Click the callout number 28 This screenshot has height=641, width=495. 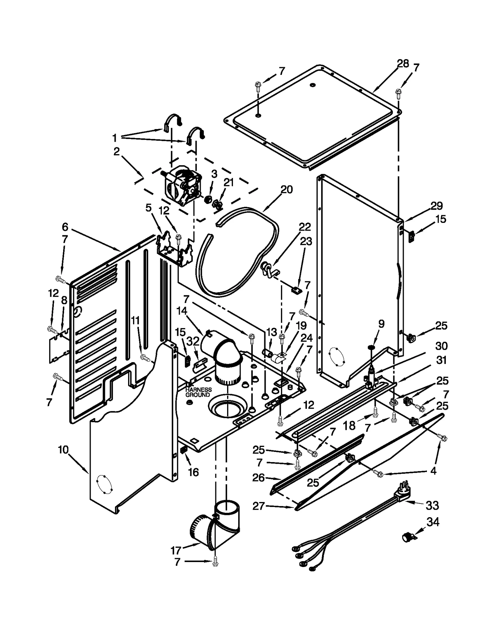point(403,64)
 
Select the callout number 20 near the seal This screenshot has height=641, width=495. point(286,189)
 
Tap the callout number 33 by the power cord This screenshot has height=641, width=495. point(432,506)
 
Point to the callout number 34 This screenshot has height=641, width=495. point(433,522)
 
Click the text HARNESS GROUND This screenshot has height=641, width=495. point(198,392)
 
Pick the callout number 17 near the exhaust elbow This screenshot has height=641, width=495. point(176,551)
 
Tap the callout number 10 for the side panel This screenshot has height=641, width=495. point(63,450)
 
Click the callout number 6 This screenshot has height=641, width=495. point(65,227)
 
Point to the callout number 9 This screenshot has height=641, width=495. point(381,324)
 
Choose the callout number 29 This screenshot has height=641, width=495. point(437,206)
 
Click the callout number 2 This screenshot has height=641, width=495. point(116,152)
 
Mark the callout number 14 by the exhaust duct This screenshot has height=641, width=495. point(182,311)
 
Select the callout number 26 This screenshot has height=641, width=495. point(258,478)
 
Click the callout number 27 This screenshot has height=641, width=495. point(258,506)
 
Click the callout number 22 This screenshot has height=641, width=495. point(304,227)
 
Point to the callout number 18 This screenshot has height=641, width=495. point(349,426)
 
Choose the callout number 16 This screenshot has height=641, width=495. point(193,472)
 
